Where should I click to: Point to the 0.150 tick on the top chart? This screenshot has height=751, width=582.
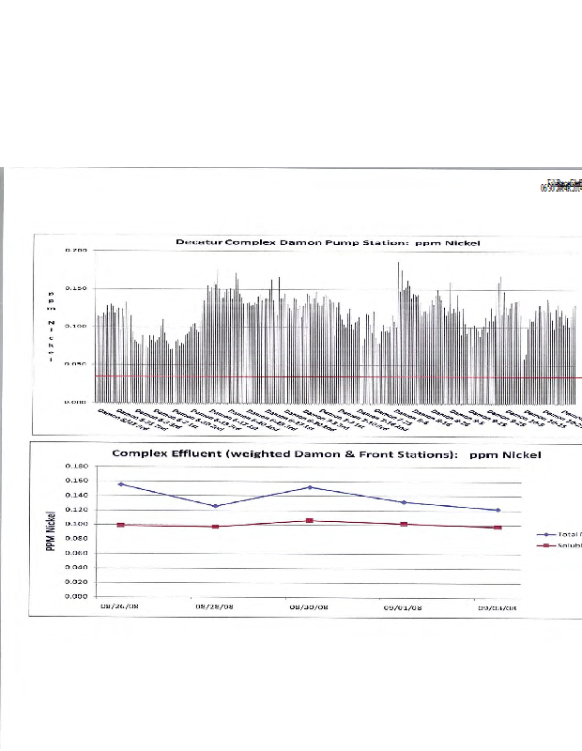[77, 288]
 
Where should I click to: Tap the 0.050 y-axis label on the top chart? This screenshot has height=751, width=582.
[77, 364]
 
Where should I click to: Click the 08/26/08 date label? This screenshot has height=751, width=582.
[119, 606]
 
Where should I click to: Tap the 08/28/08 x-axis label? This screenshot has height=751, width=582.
[214, 606]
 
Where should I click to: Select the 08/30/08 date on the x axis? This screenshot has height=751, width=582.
[309, 606]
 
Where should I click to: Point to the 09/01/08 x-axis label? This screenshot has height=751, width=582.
[404, 606]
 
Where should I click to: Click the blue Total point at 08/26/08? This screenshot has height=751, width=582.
[120, 484]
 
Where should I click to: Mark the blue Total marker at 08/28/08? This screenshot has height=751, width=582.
[215, 506]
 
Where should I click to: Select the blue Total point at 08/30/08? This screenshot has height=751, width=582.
[310, 487]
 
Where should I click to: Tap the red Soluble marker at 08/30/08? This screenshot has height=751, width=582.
[310, 520]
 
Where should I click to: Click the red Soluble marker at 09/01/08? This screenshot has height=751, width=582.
[404, 524]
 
